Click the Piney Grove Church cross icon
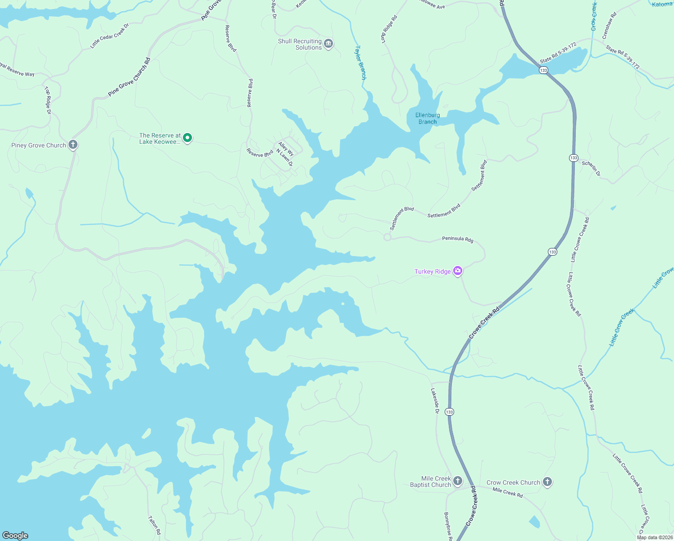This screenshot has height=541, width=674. click(x=73, y=145)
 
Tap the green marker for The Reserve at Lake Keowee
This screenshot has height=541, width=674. click(x=187, y=138)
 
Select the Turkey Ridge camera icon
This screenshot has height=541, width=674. click(x=458, y=270)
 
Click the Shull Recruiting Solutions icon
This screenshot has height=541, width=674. click(x=328, y=44)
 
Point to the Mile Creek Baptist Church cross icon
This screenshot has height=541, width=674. click(x=457, y=481)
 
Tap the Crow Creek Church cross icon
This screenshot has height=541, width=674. click(x=547, y=482)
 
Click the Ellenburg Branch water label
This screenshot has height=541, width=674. click(x=428, y=118)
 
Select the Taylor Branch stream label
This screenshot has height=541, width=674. click(x=361, y=62)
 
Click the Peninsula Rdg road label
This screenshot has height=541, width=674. click(x=457, y=239)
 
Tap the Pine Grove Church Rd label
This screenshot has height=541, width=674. click(x=129, y=77)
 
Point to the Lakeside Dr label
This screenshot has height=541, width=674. click(x=435, y=401)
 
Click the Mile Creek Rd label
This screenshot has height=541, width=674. click(x=507, y=492)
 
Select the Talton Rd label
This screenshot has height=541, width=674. click(x=154, y=525)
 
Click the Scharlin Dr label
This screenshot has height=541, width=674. click(x=591, y=168)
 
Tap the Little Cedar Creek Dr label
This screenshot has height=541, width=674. click(x=109, y=36)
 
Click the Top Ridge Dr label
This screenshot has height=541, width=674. click(x=48, y=100)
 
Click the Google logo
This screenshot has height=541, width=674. click(x=15, y=535)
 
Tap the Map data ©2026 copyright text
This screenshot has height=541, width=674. click(x=655, y=537)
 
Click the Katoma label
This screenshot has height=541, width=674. click(x=662, y=4)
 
